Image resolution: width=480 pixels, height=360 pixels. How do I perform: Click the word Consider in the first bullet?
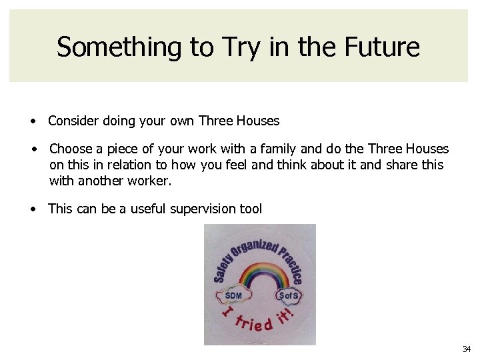74,121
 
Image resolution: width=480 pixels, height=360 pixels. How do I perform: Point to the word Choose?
71,149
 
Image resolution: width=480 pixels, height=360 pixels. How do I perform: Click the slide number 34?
466,349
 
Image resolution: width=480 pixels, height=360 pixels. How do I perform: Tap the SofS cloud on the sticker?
289,294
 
